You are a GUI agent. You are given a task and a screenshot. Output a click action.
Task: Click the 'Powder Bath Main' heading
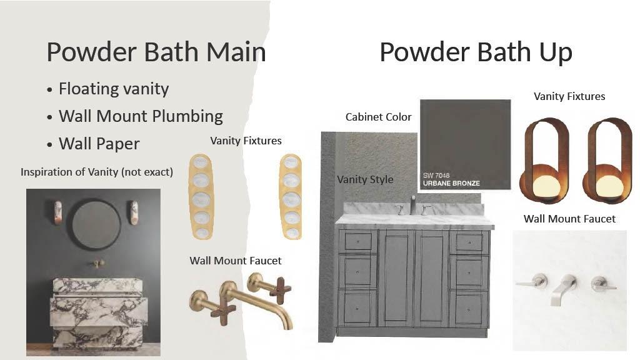pos(156,52)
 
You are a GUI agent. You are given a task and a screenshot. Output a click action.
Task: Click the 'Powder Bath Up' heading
pos(476,52)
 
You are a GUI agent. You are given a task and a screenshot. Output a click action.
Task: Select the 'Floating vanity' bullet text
pos(114,89)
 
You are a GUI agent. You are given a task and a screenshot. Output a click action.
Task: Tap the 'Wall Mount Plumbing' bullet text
pos(141,116)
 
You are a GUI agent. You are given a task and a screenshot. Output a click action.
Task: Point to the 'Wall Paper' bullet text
pos(99,144)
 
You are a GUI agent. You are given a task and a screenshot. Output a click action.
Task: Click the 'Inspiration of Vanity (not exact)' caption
pos(97,172)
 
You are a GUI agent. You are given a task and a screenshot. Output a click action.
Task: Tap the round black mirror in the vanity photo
pos(96,224)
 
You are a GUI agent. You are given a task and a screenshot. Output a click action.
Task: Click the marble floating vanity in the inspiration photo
pos(98,312)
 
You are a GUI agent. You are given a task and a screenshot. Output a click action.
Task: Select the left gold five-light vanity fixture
pos(201,196)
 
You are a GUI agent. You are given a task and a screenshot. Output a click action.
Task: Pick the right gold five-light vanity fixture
pos(291,196)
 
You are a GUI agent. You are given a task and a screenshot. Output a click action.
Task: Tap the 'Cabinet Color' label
pos(378,117)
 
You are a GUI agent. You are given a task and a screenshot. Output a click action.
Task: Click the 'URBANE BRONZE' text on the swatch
pos(451,183)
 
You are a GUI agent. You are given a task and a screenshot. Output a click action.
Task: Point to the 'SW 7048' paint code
pos(436,175)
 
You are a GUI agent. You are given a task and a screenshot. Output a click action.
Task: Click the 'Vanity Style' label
pos(365,179)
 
